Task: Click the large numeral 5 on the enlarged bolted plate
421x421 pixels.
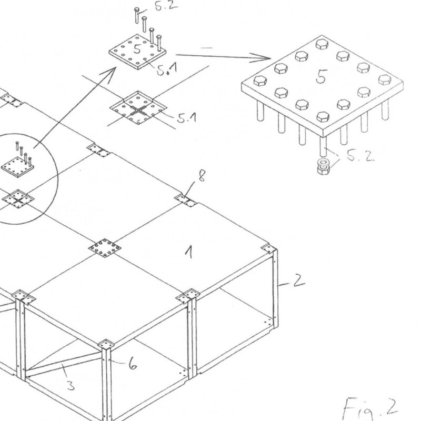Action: (320, 78)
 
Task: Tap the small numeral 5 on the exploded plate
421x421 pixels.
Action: (138, 50)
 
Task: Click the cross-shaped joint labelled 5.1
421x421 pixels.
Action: (138, 110)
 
